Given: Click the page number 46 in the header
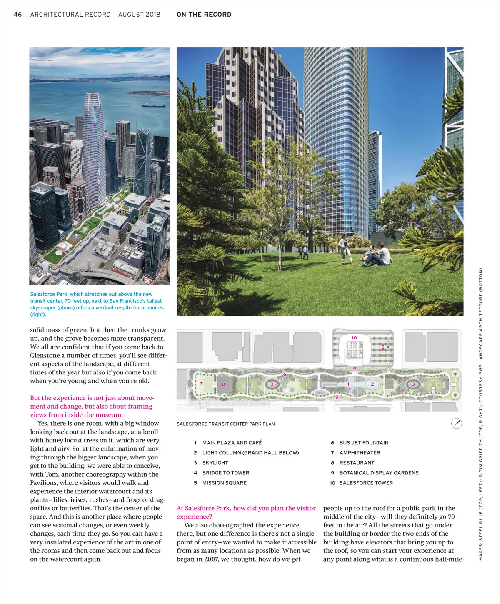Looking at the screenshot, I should (x=17, y=15).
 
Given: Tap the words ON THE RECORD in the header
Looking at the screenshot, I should (x=204, y=15).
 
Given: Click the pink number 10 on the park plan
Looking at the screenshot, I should (x=354, y=338).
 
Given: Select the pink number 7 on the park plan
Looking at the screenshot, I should (x=201, y=384).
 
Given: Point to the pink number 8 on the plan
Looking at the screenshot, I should (x=223, y=384).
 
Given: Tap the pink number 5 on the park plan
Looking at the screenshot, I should (x=383, y=347).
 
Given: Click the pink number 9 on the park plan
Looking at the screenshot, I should (x=337, y=397).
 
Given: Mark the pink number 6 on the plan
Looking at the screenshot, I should (x=285, y=374).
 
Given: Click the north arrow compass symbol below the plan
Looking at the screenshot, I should (x=457, y=424).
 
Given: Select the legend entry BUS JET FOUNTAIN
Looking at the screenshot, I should (x=364, y=443).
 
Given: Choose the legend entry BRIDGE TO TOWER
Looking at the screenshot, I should (x=225, y=473).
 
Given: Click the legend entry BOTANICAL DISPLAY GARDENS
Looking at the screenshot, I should (x=379, y=473).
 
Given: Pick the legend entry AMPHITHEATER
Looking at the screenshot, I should (x=360, y=453).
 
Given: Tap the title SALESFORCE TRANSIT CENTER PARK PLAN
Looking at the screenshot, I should (x=225, y=424).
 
